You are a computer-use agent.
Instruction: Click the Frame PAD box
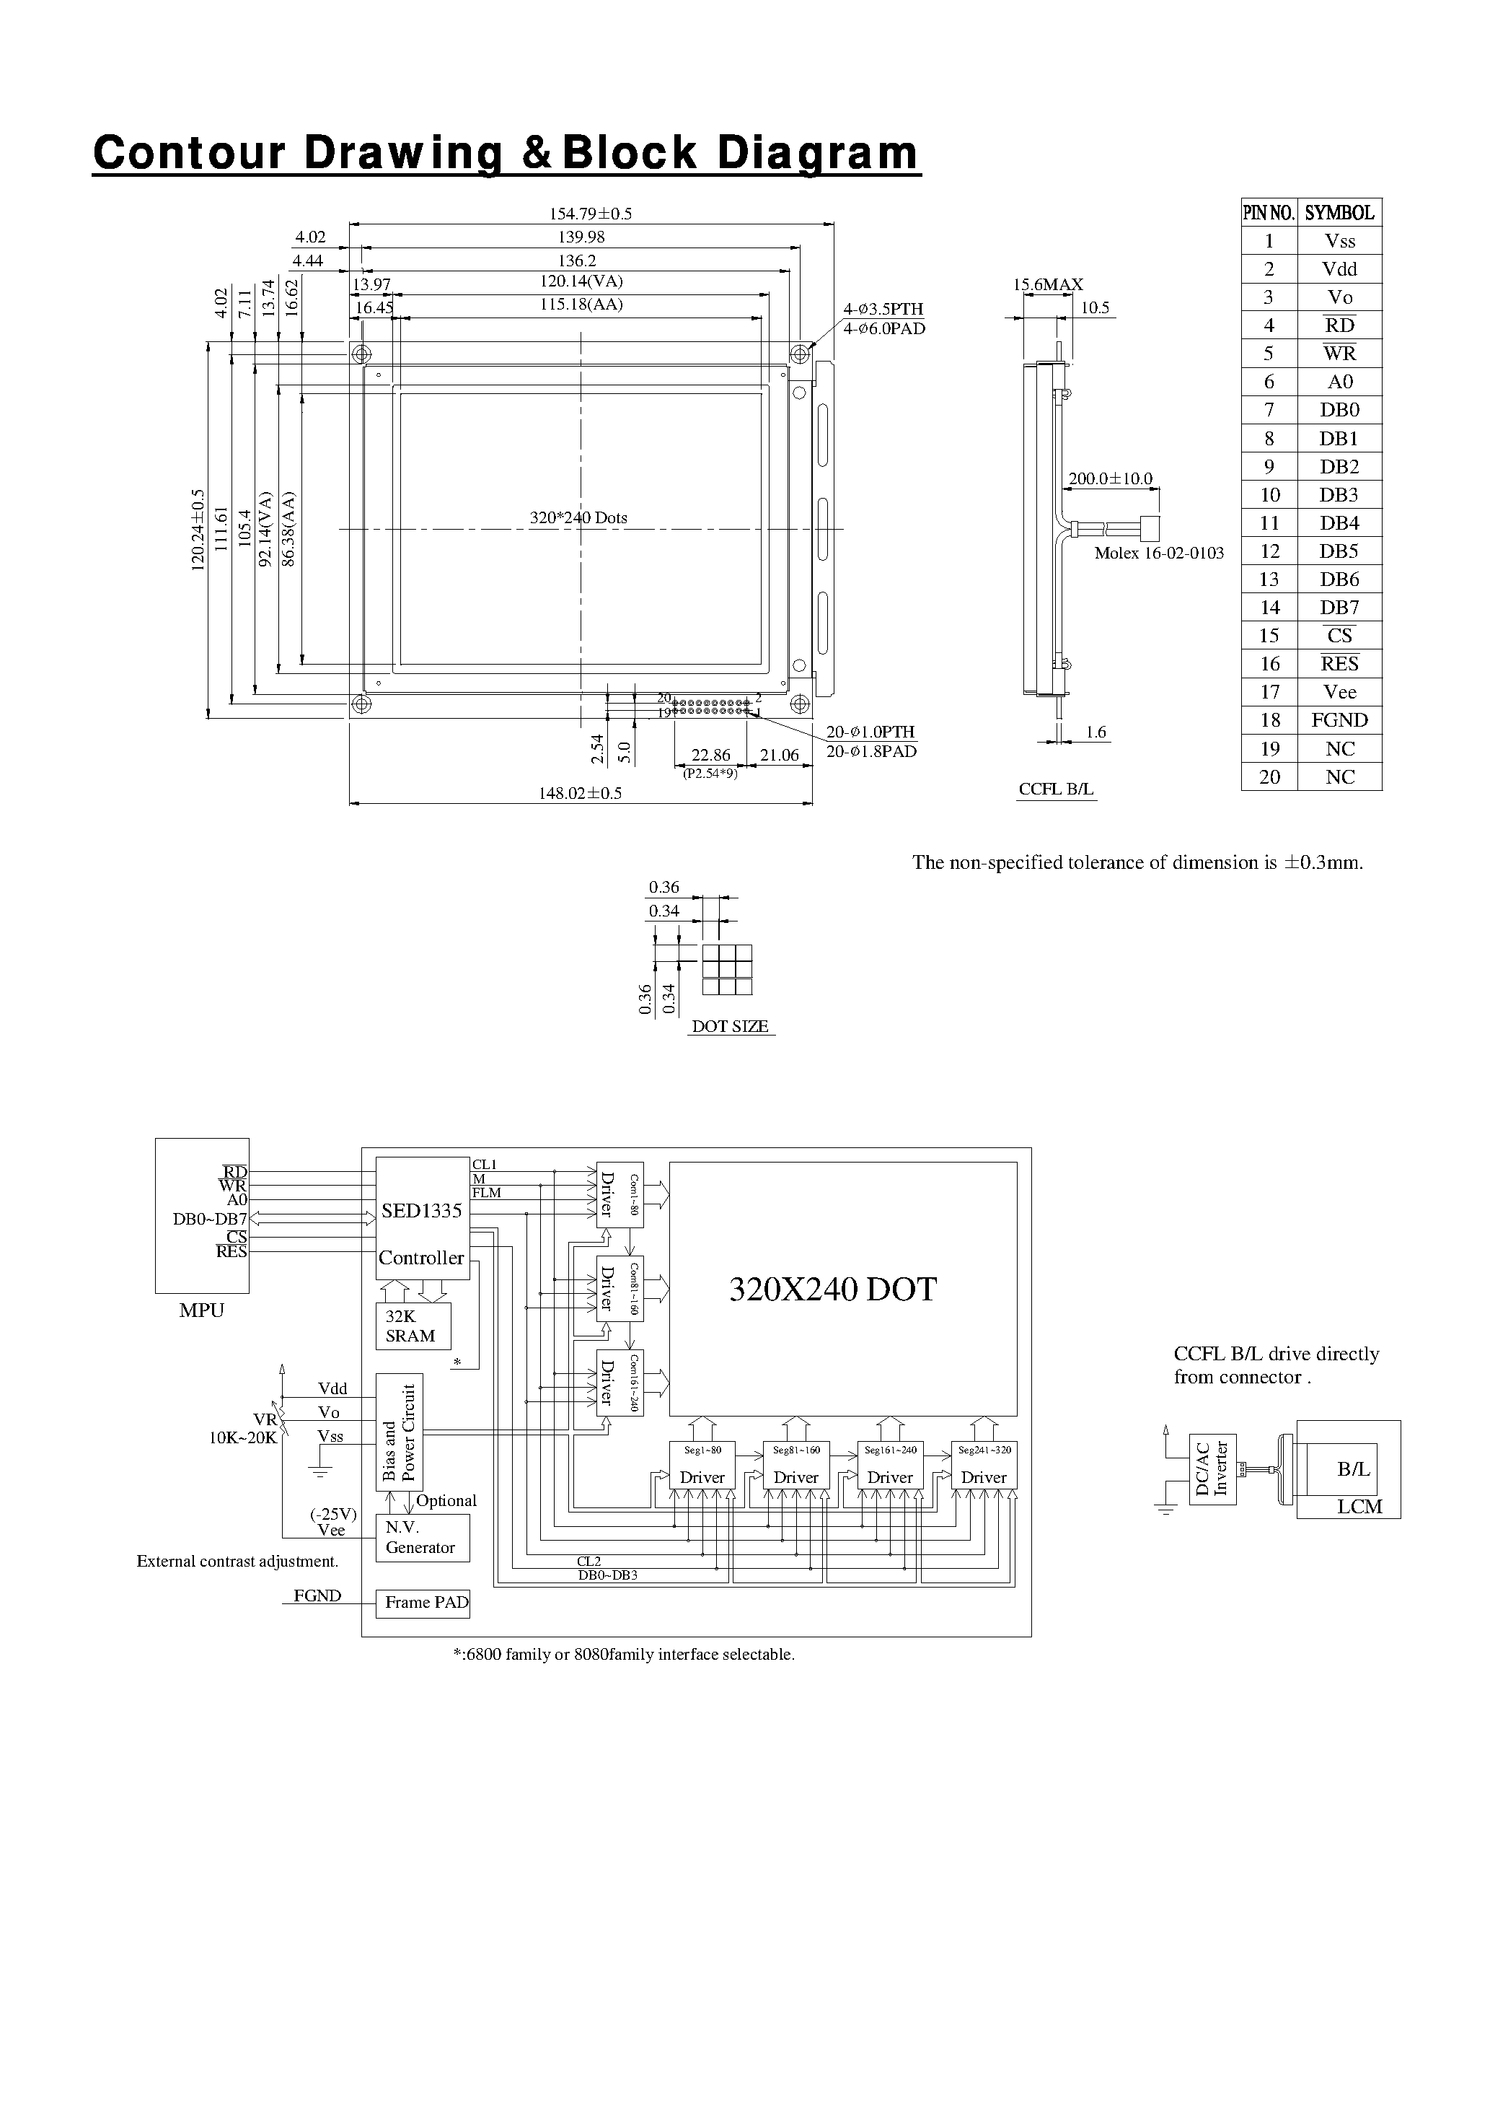point(423,1603)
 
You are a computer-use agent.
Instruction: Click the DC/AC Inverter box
point(1212,1468)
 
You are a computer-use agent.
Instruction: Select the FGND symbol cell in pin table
point(1339,720)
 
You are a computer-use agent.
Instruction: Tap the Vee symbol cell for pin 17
point(1339,692)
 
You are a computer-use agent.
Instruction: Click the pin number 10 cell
point(1269,495)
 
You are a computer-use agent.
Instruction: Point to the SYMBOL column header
point(1339,213)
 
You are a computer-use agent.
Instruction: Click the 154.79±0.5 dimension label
point(591,213)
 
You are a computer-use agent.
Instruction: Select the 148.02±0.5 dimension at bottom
point(580,793)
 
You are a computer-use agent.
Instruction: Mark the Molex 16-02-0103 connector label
point(1158,553)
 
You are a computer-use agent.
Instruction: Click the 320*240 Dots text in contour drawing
point(578,517)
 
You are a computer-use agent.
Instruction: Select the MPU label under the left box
point(201,1310)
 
